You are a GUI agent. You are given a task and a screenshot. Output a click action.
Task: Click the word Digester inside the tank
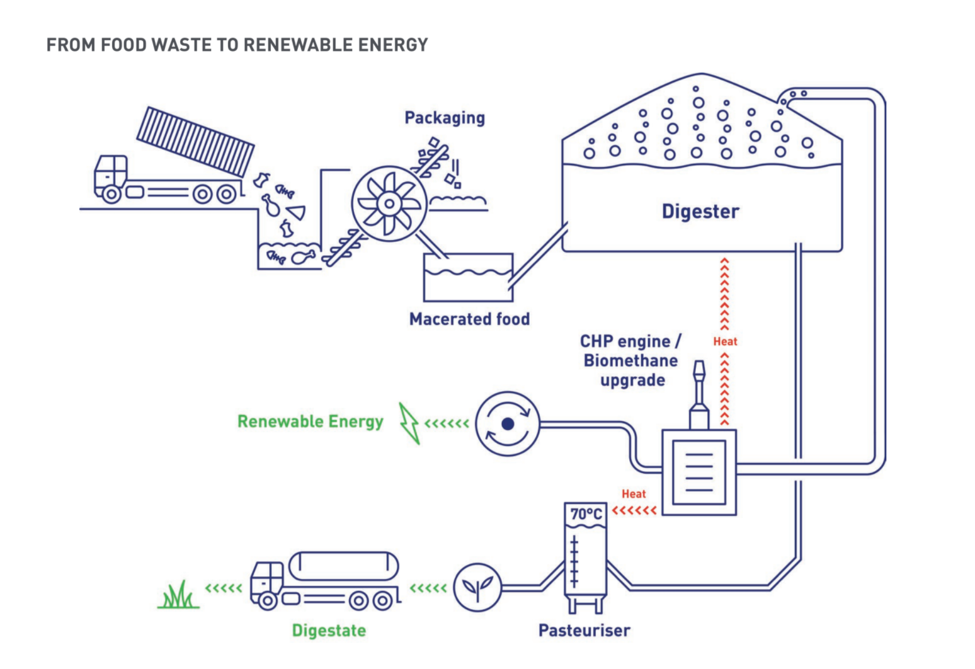coord(700,212)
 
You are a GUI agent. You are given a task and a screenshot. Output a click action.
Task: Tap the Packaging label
coord(445,118)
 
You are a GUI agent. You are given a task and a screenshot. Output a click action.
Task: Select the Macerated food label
coord(469,319)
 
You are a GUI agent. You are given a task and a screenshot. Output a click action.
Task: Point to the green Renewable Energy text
coord(310,421)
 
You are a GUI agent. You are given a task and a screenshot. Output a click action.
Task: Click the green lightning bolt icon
coord(409,423)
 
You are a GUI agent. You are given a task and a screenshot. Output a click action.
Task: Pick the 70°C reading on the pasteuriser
coord(586,514)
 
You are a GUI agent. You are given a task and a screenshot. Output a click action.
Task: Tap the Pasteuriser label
coord(584,631)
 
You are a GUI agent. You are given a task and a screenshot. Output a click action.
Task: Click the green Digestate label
coord(329,631)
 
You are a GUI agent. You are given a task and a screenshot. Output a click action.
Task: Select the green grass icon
coord(178,595)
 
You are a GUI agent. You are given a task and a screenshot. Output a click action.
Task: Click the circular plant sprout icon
coord(478,588)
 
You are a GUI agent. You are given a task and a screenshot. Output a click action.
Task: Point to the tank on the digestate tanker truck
coord(343,566)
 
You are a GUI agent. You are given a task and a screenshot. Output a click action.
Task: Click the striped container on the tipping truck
coord(195,142)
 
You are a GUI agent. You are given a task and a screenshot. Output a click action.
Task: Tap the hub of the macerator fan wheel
coord(389,203)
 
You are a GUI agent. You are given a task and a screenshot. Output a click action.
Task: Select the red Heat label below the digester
coord(725,341)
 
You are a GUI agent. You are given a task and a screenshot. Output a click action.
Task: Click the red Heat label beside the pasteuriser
coord(634,495)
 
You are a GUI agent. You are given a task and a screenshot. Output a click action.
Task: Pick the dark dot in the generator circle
coord(508,424)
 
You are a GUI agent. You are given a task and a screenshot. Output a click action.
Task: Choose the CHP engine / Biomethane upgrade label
coord(630,361)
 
